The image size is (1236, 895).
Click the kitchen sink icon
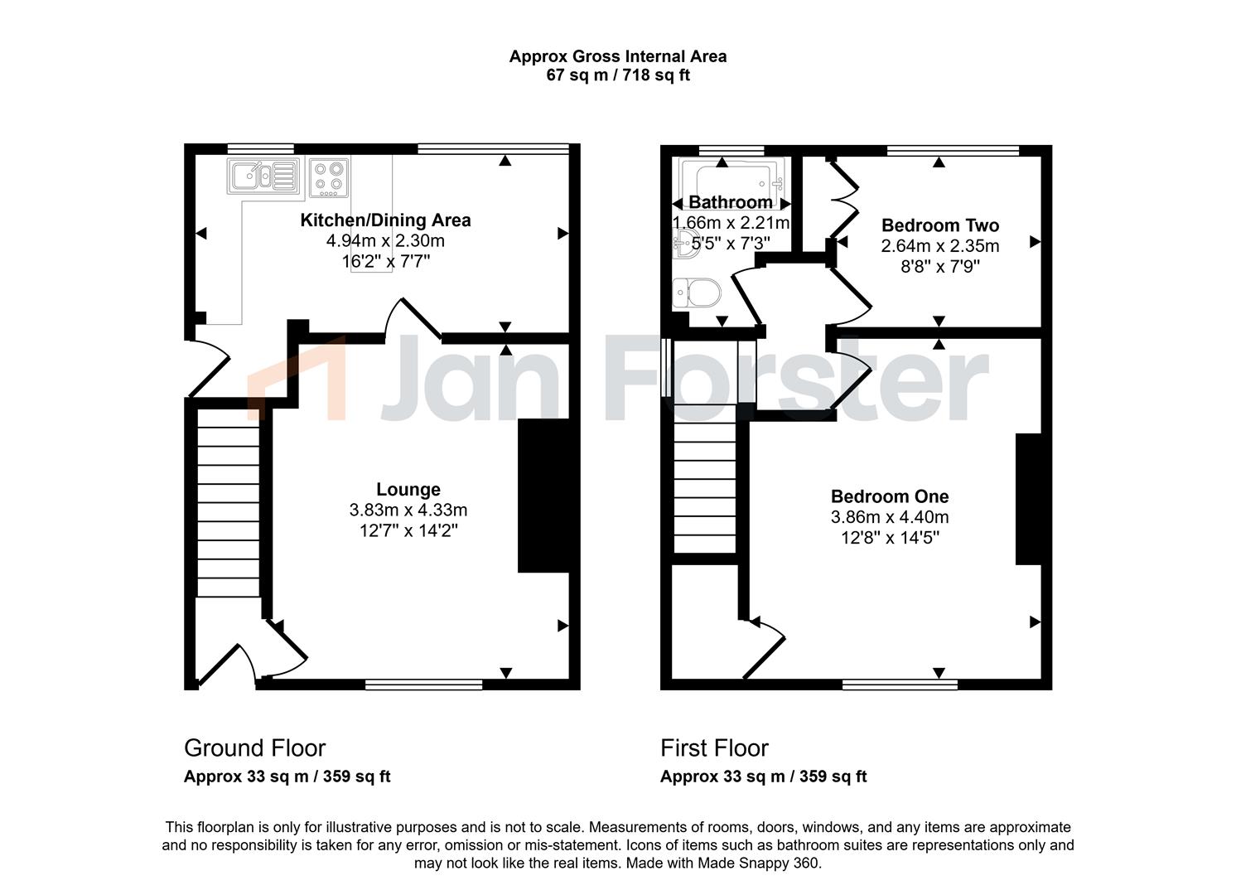pyautogui.click(x=263, y=177)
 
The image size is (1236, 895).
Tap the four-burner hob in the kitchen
pyautogui.click(x=329, y=177)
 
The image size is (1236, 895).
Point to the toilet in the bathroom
pyautogui.click(x=697, y=292)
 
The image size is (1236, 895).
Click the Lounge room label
pyautogui.click(x=408, y=489)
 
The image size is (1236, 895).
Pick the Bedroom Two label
pyautogui.click(x=940, y=225)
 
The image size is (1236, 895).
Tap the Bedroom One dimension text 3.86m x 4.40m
pyautogui.click(x=890, y=517)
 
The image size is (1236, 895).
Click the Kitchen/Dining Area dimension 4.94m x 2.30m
pyautogui.click(x=385, y=240)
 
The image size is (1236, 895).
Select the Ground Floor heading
pyautogui.click(x=254, y=748)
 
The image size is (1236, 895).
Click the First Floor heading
pyautogui.click(x=714, y=748)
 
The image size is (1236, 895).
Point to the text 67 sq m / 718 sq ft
pyautogui.click(x=618, y=75)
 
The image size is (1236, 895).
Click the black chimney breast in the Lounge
pyautogui.click(x=543, y=496)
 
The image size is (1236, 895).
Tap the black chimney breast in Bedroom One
pyautogui.click(x=1029, y=499)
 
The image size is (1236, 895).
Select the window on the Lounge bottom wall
pyautogui.click(x=424, y=685)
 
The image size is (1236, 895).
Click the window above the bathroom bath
pyautogui.click(x=731, y=150)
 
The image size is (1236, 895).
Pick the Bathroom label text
pyautogui.click(x=731, y=202)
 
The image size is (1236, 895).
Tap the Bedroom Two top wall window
pyautogui.click(x=953, y=150)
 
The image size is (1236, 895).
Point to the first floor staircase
pyautogui.click(x=705, y=478)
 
